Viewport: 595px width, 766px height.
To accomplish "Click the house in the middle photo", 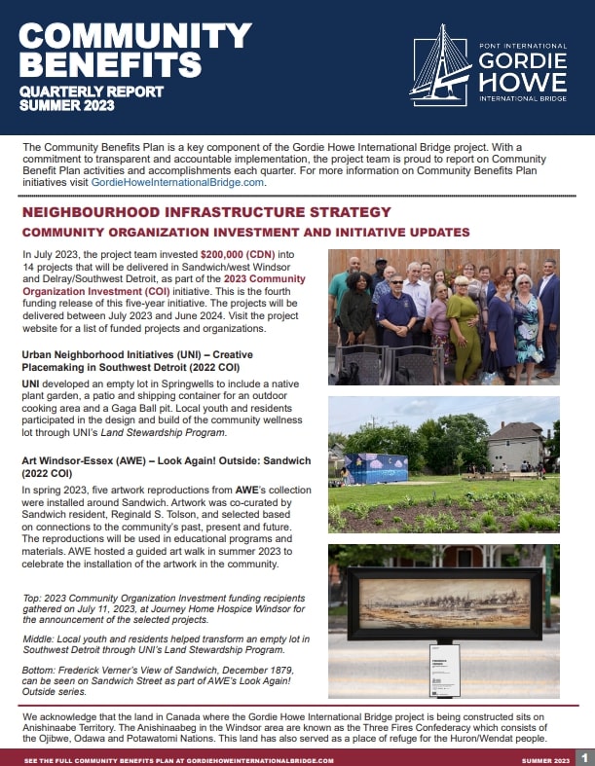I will click(x=516, y=446).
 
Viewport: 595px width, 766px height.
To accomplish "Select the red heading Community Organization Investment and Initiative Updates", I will click(x=246, y=232).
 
